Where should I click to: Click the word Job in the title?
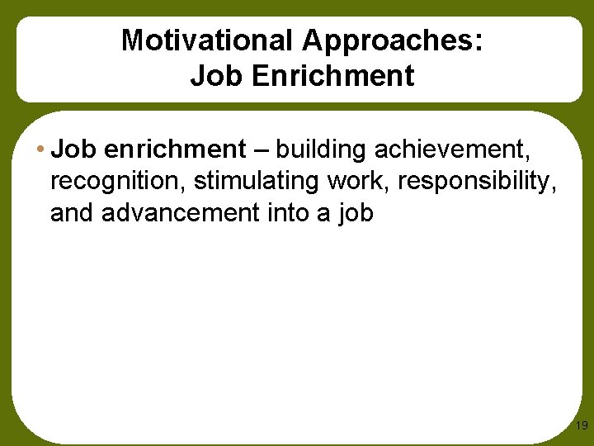(x=211, y=76)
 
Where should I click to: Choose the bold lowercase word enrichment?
(x=175, y=149)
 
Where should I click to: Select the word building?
(x=322, y=149)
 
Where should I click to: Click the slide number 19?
(x=581, y=426)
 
